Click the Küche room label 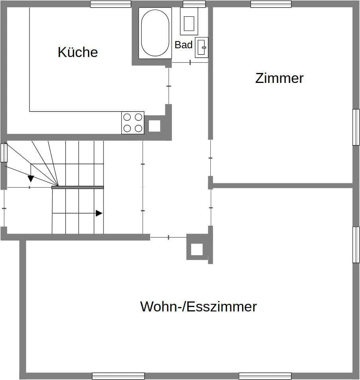pyautogui.click(x=78, y=52)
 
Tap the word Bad pyautogui.click(x=184, y=45)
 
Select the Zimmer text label pyautogui.click(x=279, y=78)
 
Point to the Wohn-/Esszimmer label pyautogui.click(x=198, y=307)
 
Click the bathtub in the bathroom pyautogui.click(x=155, y=33)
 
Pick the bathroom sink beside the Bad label pyautogui.click(x=202, y=47)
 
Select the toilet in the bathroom pyautogui.click(x=188, y=21)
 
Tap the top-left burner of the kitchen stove pyautogui.click(x=127, y=117)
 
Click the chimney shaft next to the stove pyautogui.click(x=155, y=126)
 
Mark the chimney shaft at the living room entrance pyautogui.click(x=197, y=249)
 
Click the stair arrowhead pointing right pyautogui.click(x=99, y=213)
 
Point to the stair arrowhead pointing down pyautogui.click(x=31, y=178)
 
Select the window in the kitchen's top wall pyautogui.click(x=111, y=4)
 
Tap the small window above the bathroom pyautogui.click(x=194, y=4)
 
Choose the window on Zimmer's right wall pyautogui.click(x=356, y=127)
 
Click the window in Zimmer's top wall pyautogui.click(x=271, y=4)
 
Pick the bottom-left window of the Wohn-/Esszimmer pyautogui.click(x=118, y=376)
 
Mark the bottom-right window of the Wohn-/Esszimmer pyautogui.click(x=265, y=376)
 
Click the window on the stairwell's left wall pyautogui.click(x=4, y=153)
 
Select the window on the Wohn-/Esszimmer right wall pyautogui.click(x=356, y=244)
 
